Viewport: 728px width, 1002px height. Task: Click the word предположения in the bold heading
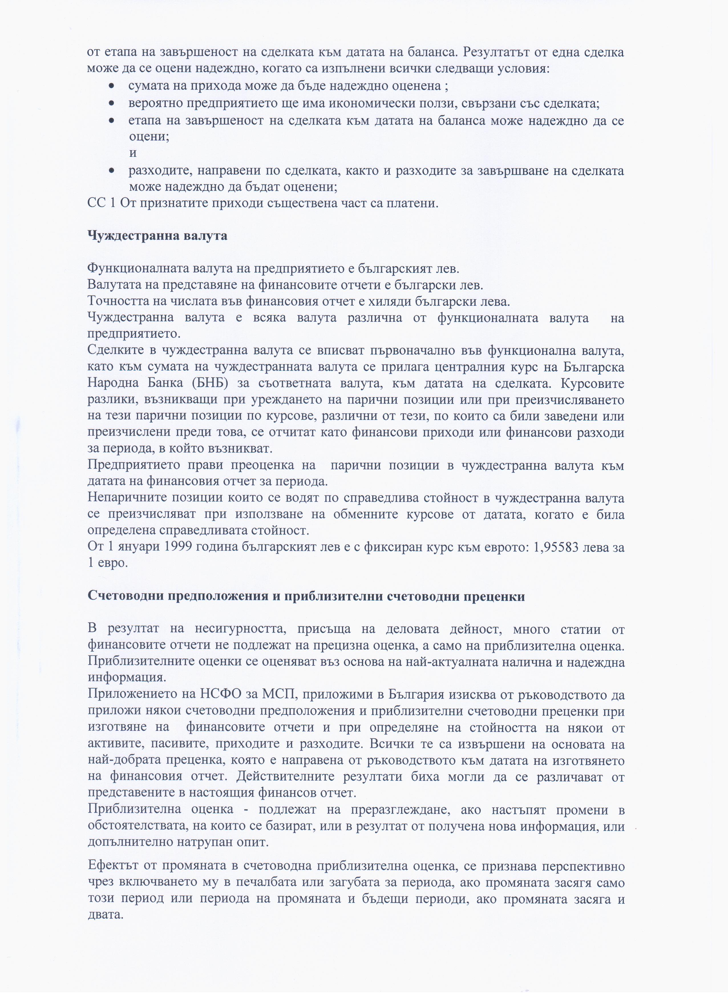pos(186,596)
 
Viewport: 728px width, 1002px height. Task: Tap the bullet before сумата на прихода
pos(113,86)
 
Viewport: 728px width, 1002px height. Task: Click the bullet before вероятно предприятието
pos(113,103)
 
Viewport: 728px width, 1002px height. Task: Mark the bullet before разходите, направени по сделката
pos(113,170)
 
